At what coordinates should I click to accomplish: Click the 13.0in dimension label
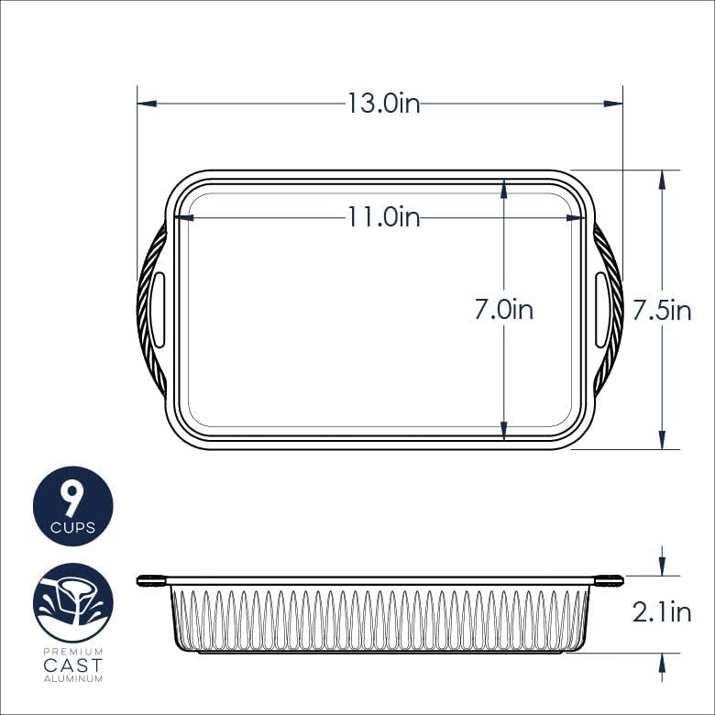[x=383, y=104]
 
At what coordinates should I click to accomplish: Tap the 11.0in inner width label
[x=383, y=217]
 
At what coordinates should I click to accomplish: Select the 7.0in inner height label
[x=503, y=310]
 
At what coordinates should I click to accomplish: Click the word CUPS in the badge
[x=72, y=527]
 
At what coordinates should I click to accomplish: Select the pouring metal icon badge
[x=73, y=602]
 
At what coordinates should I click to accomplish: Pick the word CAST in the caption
[x=73, y=665]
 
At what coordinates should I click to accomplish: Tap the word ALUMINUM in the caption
[x=73, y=679]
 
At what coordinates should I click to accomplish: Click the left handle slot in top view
[x=159, y=310]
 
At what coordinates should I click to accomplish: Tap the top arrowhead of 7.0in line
[x=503, y=188]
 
